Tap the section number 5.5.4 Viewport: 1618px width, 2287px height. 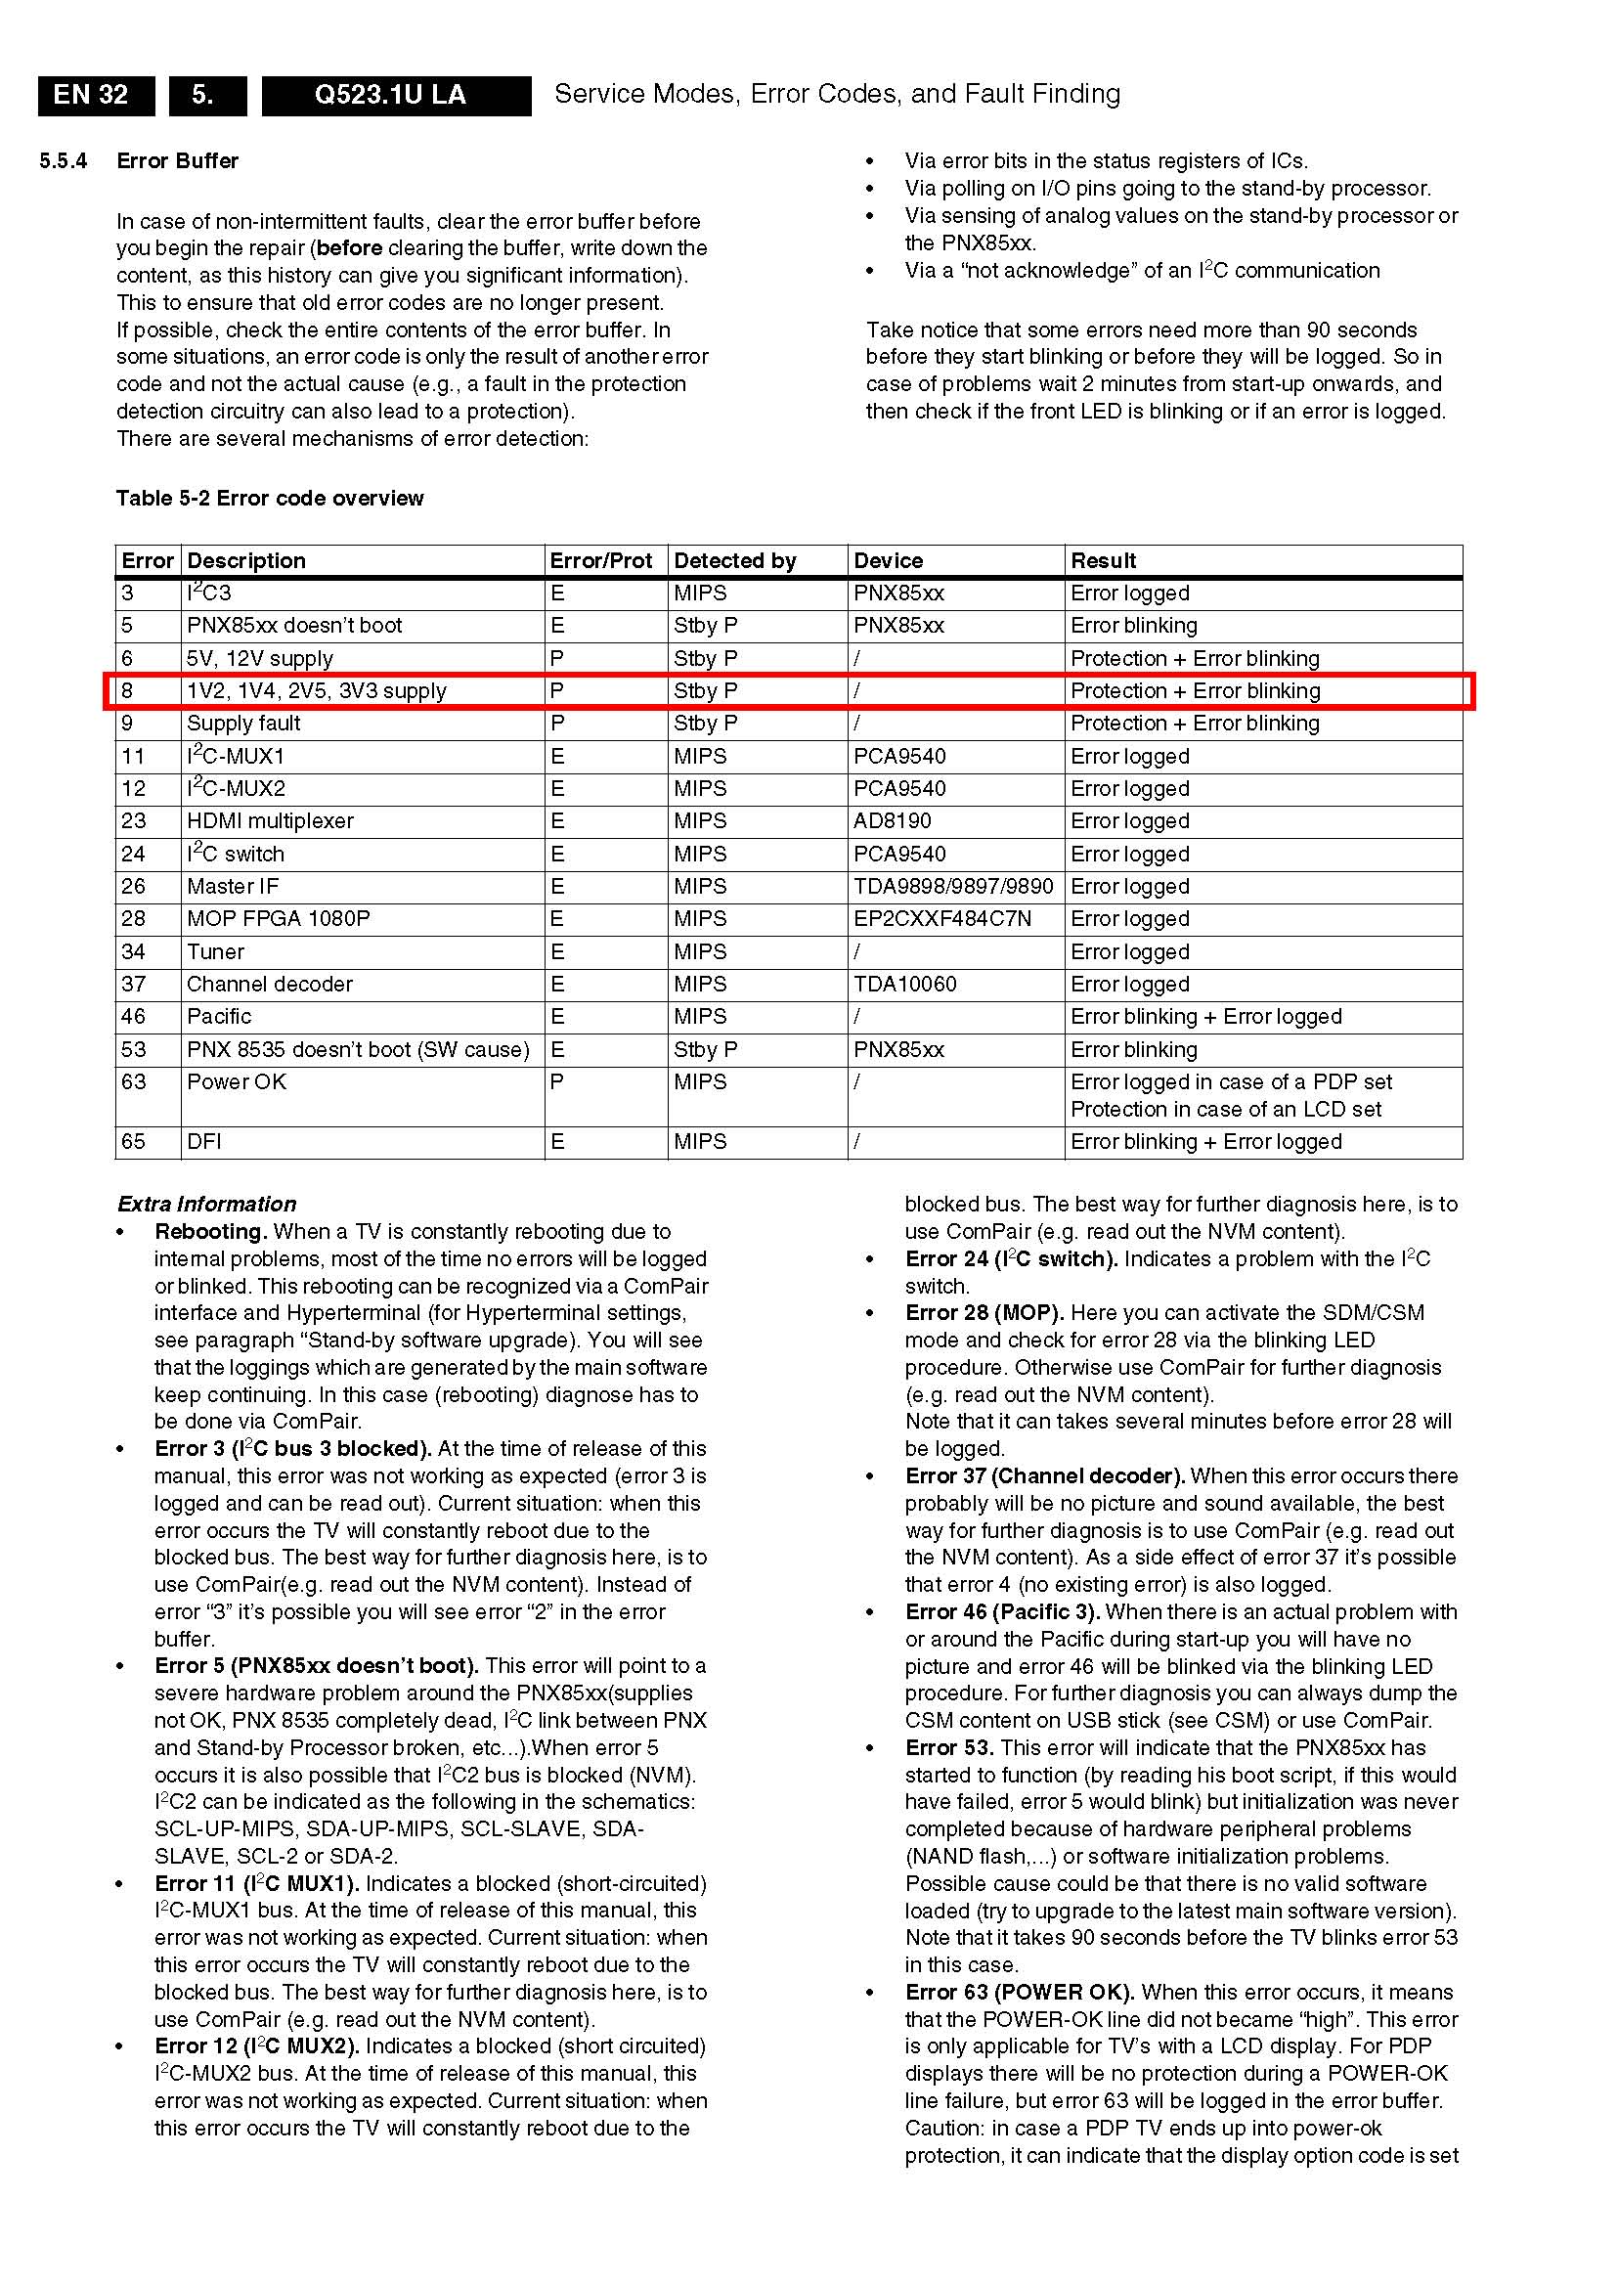63,161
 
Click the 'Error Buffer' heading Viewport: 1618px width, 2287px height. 177,161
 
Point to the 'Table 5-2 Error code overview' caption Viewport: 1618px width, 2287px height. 269,499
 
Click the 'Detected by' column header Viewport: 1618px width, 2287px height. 734,561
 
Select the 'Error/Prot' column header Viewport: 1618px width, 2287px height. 601,561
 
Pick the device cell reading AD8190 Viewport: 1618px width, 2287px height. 892,821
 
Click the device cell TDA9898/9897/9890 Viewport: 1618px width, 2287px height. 952,887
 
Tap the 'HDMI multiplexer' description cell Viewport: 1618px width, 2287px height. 270,821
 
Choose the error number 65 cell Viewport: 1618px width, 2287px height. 134,1142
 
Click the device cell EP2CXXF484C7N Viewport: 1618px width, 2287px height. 941,919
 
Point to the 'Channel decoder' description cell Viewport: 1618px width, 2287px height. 269,985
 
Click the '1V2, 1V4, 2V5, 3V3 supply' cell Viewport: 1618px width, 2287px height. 316,690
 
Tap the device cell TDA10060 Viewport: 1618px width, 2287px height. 904,985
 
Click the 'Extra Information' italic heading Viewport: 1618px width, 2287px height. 206,1204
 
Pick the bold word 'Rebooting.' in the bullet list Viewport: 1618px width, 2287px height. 210,1232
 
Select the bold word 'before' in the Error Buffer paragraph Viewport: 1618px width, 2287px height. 349,248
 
